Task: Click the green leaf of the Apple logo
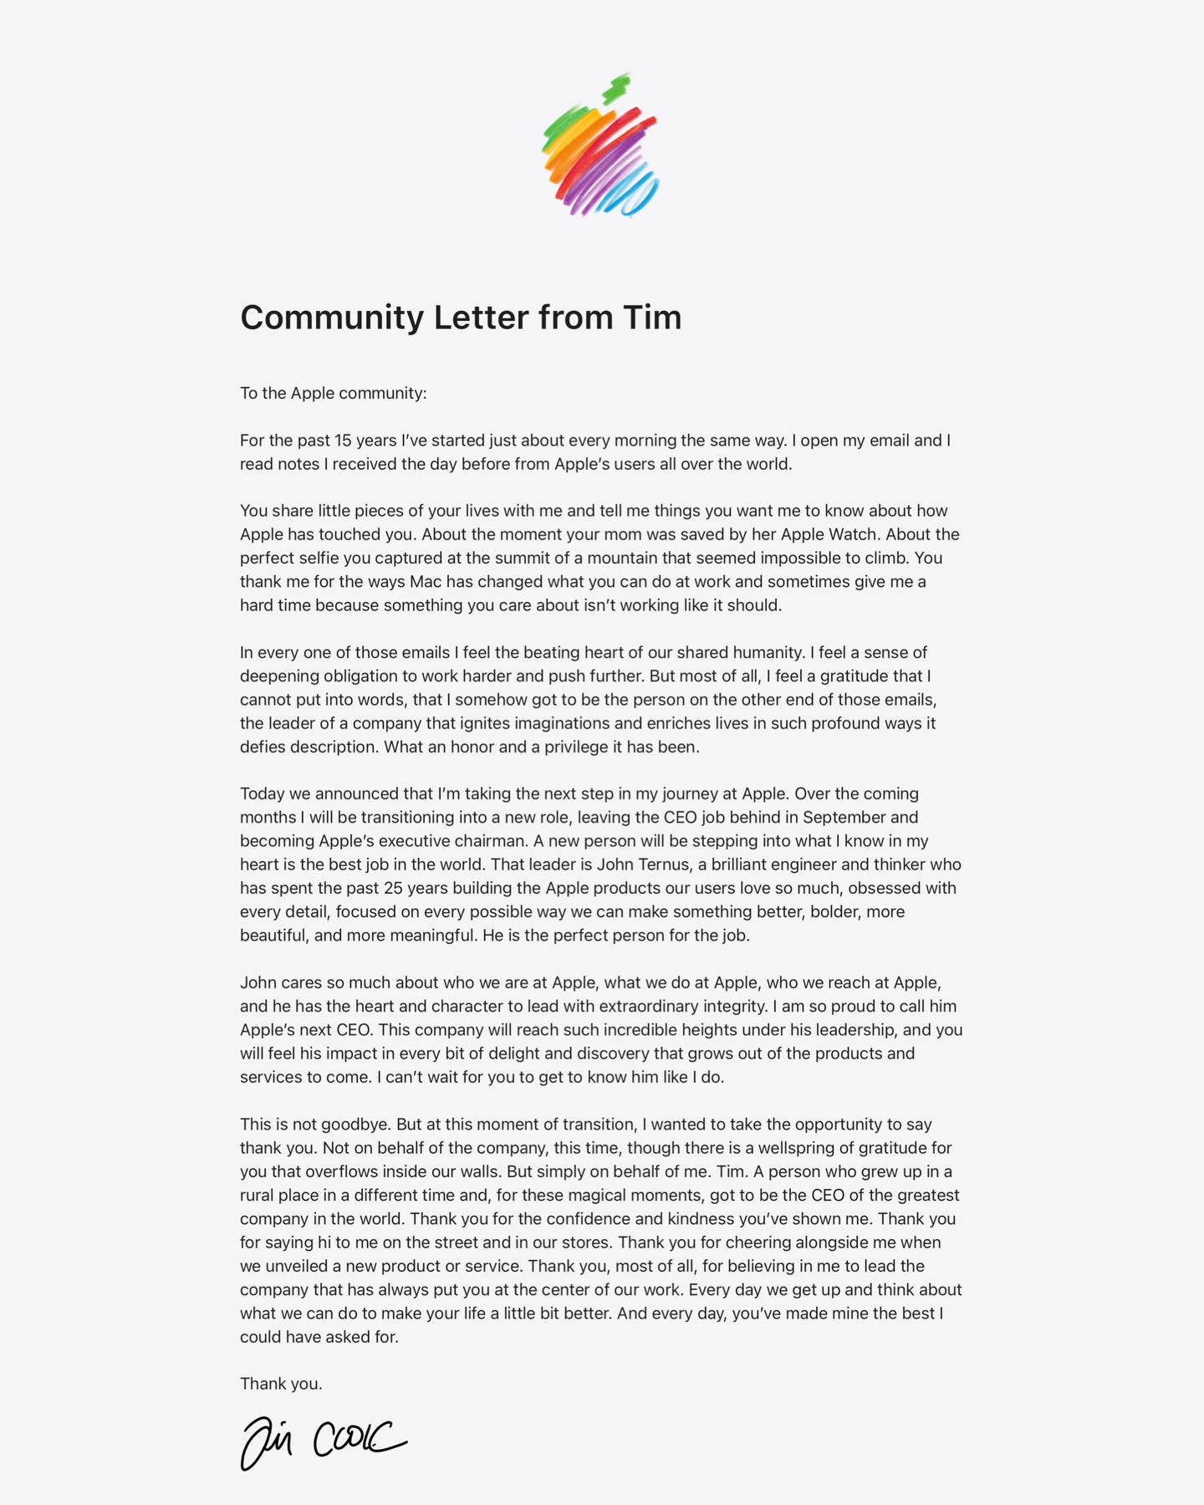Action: click(x=617, y=88)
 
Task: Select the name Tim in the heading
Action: click(x=652, y=318)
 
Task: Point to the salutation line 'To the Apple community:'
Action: click(x=333, y=393)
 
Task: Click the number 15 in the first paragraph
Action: click(x=343, y=441)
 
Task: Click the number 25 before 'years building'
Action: click(x=392, y=888)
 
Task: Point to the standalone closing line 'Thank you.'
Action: click(x=281, y=1384)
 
